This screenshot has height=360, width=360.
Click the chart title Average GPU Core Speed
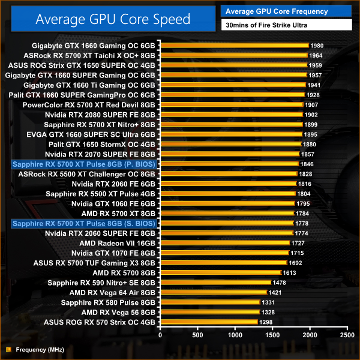click(x=113, y=19)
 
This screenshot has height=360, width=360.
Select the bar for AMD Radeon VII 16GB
click(x=224, y=243)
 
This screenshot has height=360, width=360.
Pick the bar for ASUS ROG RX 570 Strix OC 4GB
click(x=208, y=322)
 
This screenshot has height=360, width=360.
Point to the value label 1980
click(x=318, y=45)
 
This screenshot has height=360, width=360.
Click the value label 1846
click(x=308, y=164)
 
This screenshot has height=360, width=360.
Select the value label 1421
click(x=275, y=292)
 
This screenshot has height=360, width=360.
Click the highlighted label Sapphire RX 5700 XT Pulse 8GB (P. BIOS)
click(x=83, y=164)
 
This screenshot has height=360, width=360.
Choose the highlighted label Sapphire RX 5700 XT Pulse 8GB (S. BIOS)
click(x=83, y=223)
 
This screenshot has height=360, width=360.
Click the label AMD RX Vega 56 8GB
click(x=118, y=312)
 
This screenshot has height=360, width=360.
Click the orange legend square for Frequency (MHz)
click(x=8, y=349)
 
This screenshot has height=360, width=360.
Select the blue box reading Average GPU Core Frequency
click(x=287, y=11)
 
